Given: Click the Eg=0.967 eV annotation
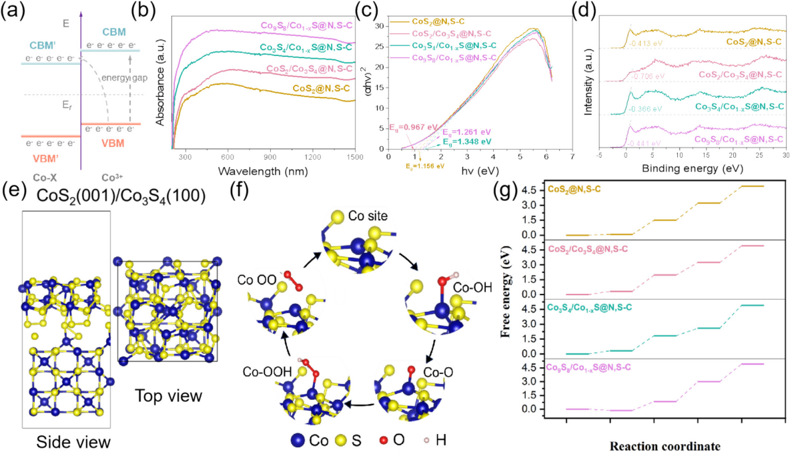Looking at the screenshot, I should click(x=414, y=127).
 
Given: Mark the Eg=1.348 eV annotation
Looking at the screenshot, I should click(x=466, y=142).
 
